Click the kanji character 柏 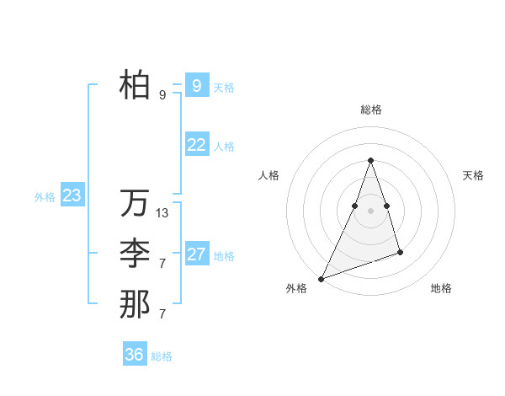click(135, 84)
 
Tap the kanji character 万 click(135, 203)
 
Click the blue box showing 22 click(196, 145)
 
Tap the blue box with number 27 click(196, 254)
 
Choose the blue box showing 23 click(72, 196)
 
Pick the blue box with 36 click(134, 355)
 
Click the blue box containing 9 click(196, 85)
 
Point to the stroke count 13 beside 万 click(162, 213)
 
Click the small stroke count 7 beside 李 click(162, 264)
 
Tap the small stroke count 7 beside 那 click(162, 314)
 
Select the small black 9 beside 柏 click(162, 95)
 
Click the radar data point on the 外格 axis click(322, 278)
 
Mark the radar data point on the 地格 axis click(400, 252)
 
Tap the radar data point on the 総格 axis click(370, 160)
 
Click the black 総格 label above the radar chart click(370, 110)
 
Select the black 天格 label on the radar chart click(473, 175)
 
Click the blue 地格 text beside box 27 click(224, 256)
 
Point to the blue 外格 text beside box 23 click(45, 197)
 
